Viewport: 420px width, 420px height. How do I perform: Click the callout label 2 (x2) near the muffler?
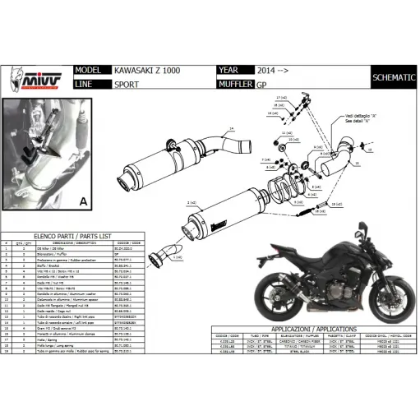192,201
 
